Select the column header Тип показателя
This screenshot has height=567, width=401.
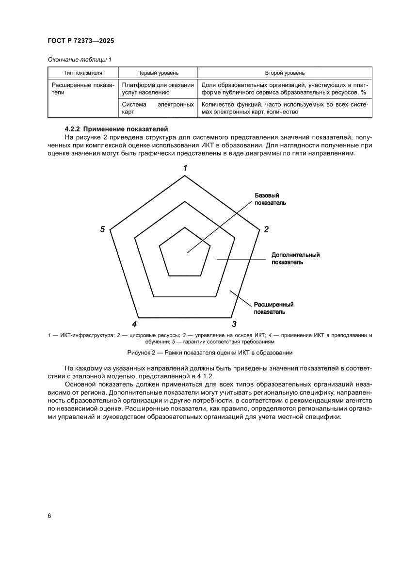coord(83,73)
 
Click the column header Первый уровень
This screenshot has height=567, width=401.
coord(158,73)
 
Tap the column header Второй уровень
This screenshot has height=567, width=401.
coord(285,73)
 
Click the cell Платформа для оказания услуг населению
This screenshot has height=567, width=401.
coord(158,88)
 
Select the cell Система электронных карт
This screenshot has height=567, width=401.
coord(158,108)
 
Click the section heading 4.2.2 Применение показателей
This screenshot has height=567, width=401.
coord(116,129)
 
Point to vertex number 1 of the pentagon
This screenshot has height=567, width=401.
coord(185,168)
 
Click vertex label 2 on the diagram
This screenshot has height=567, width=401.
coord(266,229)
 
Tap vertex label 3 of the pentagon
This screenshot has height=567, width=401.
coord(234,324)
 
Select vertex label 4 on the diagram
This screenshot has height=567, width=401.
coord(134,324)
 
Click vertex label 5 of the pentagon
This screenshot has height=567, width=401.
coord(102,229)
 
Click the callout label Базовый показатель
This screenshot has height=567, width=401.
coord(270,199)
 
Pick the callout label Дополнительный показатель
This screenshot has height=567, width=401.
coord(295,259)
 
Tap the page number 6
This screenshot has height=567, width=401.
coord(49,516)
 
